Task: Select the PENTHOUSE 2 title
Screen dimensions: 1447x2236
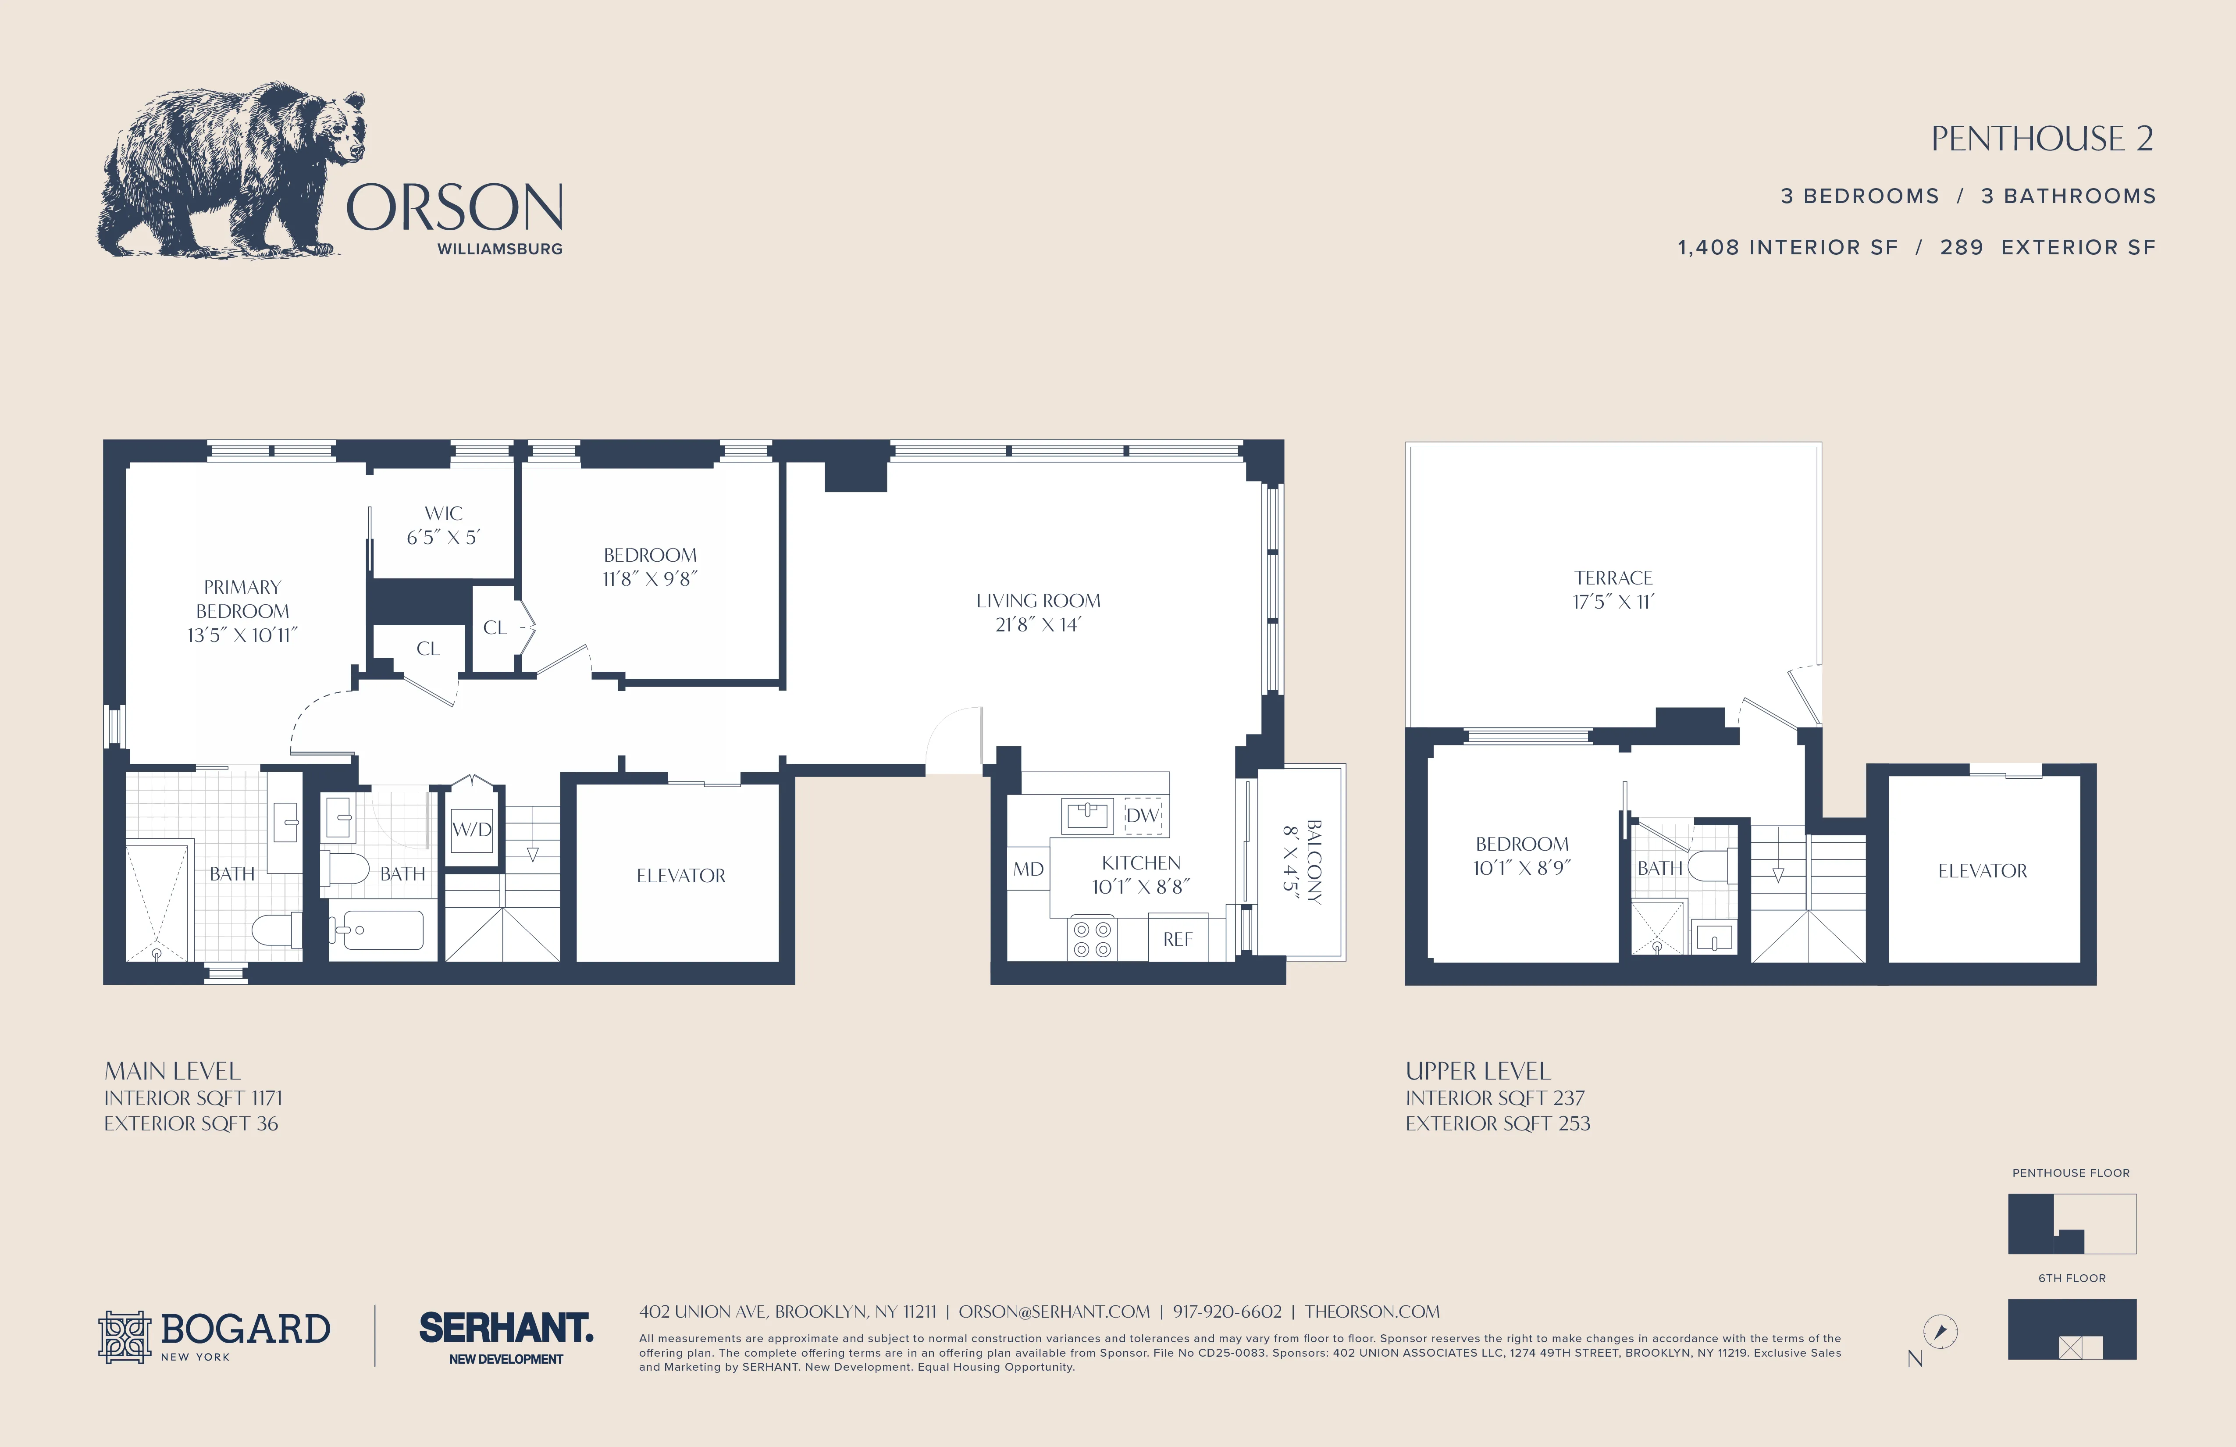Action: (2041, 139)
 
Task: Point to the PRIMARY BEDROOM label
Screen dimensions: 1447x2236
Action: (242, 611)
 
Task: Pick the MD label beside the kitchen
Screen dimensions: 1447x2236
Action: (1028, 869)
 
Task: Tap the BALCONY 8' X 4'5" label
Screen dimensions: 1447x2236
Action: (1302, 862)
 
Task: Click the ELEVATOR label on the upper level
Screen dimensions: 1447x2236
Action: (1982, 871)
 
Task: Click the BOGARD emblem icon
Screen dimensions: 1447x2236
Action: (125, 1336)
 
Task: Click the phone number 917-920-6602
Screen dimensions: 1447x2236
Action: (1227, 1312)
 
